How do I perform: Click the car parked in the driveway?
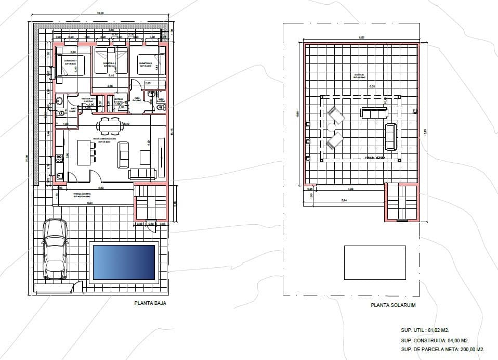coord(55,249)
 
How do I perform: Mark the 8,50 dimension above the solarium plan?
coord(361,37)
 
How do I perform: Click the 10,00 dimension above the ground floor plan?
coord(100,12)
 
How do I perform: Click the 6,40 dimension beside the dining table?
coord(126,124)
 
